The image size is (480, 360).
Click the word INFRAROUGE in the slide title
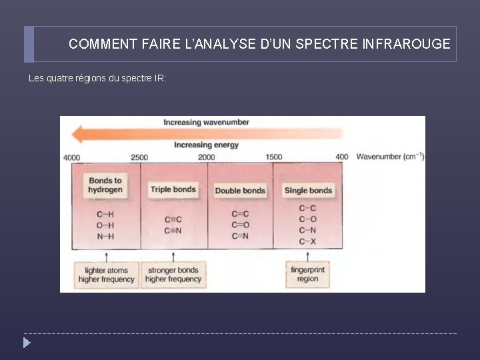407,45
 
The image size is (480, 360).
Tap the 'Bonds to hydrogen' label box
105,185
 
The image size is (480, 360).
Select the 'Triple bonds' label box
173,190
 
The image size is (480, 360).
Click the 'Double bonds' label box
240,191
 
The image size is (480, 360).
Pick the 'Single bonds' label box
308,191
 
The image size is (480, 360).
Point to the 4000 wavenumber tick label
71,157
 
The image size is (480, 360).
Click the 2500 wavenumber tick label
139,157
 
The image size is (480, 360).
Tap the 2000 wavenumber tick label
207,157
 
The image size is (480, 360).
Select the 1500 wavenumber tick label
274,157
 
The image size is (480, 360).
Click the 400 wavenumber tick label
341,157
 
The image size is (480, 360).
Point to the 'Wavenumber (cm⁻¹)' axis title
390,157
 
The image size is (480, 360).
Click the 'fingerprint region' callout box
308,275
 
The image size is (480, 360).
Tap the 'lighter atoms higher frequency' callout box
106,275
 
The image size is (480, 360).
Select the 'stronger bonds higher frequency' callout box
173,275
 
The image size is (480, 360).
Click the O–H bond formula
105,225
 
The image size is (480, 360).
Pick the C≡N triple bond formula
173,231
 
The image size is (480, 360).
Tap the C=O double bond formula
240,225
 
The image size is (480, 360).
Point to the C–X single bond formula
307,241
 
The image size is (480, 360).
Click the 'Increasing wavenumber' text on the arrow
207,123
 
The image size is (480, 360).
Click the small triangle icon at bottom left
26,343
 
